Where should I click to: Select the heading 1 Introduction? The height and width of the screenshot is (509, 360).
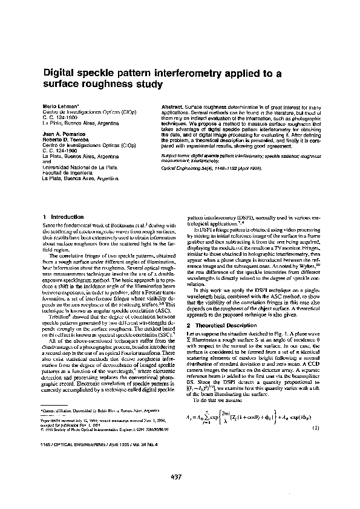click(63, 216)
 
